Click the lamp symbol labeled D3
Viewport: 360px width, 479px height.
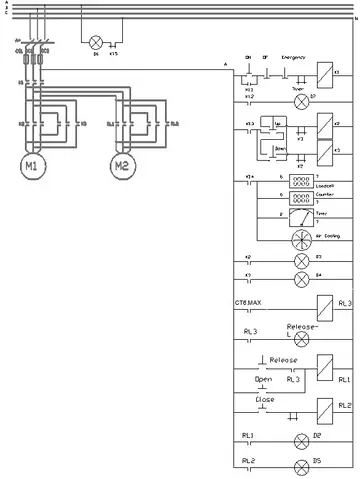pos(299,262)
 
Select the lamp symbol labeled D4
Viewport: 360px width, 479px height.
pos(299,280)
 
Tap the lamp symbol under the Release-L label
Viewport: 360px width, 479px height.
pos(301,340)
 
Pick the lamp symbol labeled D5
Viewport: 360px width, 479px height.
pos(299,466)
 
